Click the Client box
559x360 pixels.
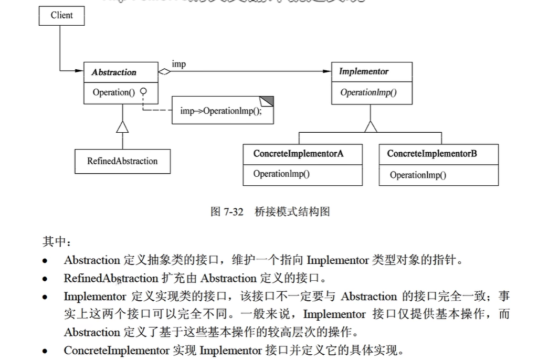pyautogui.click(x=61, y=15)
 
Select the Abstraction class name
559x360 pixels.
pyautogui.click(x=114, y=72)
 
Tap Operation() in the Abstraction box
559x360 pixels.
pyautogui.click(x=114, y=92)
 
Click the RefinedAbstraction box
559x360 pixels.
pyautogui.click(x=122, y=161)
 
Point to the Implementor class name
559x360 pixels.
pyautogui.click(x=364, y=71)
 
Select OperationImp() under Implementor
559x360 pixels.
pyautogui.click(x=368, y=93)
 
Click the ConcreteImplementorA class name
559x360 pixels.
pyautogui.click(x=298, y=154)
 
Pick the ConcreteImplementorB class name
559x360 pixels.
pyautogui.click(x=432, y=154)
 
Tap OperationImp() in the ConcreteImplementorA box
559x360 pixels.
pyautogui.click(x=281, y=174)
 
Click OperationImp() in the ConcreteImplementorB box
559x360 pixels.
pyautogui.click(x=418, y=175)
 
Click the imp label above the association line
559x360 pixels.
pyautogui.click(x=178, y=64)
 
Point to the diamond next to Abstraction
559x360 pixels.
pyautogui.click(x=165, y=72)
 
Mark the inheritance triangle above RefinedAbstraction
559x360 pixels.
pyautogui.click(x=122, y=126)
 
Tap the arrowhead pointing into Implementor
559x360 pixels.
pyautogui.click(x=328, y=72)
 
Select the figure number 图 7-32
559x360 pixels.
pyautogui.click(x=227, y=211)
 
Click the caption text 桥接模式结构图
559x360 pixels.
pyautogui.click(x=292, y=211)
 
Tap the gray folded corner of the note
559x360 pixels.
pyautogui.click(x=268, y=101)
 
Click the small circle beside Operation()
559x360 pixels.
pyautogui.click(x=142, y=91)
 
